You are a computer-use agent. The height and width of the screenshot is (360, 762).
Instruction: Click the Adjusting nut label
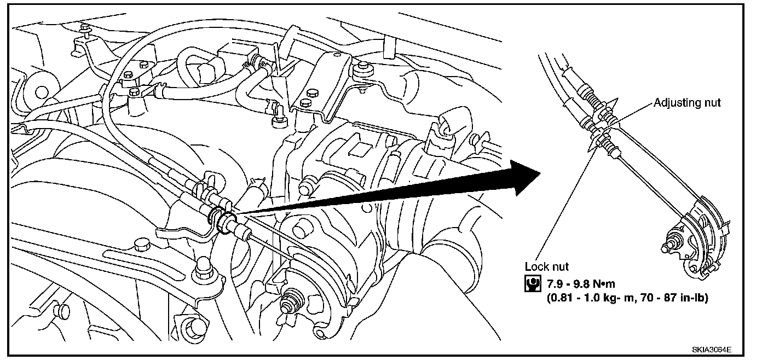687,102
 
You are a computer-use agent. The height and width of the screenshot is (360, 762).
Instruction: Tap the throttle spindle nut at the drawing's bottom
289,303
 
